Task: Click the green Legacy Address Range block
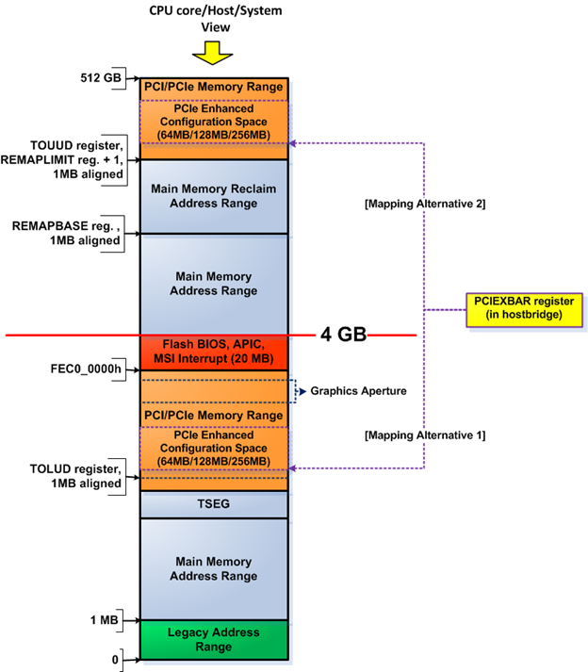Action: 213,641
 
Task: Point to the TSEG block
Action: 213,504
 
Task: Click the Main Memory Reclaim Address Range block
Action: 213,195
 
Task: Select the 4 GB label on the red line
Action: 340,334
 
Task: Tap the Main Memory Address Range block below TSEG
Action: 213,568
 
